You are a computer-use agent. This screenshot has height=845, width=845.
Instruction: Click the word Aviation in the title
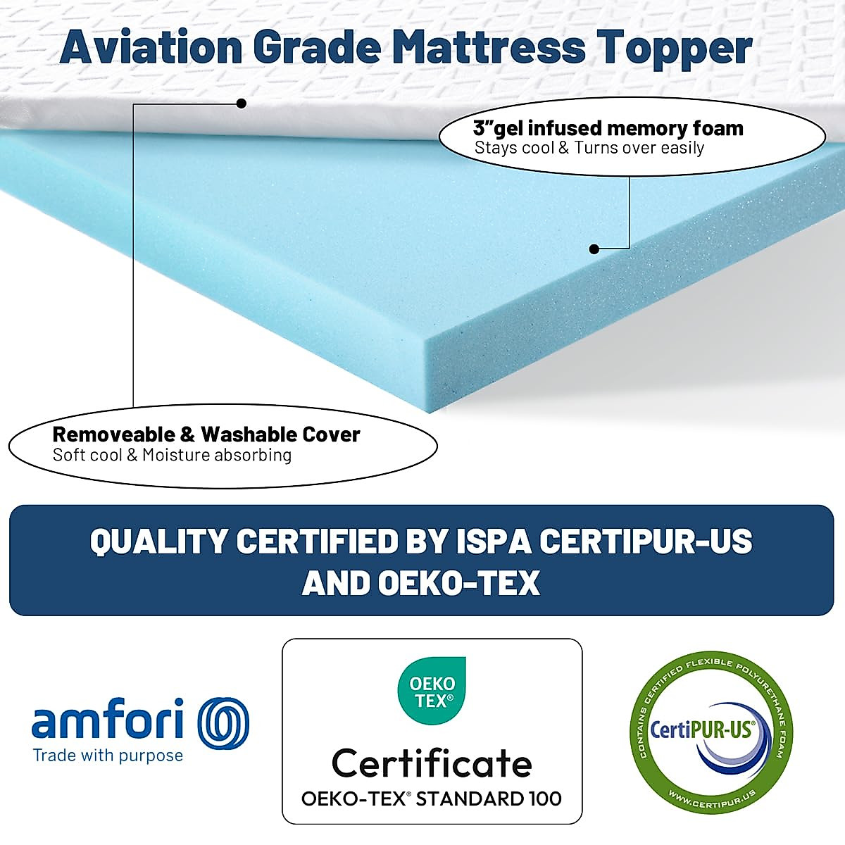[151, 48]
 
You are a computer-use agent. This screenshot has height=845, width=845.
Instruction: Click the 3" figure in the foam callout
[483, 128]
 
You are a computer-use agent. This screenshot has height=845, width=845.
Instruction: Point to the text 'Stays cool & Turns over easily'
[589, 148]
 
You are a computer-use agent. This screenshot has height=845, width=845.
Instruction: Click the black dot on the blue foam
[594, 249]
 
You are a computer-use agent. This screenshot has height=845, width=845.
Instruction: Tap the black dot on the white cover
[241, 104]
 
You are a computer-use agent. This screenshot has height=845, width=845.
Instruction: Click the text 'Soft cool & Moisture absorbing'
[172, 455]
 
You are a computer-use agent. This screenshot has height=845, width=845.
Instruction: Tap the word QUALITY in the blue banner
[159, 542]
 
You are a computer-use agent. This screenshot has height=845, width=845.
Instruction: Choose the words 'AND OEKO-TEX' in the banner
[421, 583]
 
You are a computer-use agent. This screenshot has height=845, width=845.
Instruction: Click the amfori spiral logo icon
[223, 722]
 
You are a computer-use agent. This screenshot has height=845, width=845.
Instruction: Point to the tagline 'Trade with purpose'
[108, 756]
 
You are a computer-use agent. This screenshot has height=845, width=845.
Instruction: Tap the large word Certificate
[432, 762]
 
